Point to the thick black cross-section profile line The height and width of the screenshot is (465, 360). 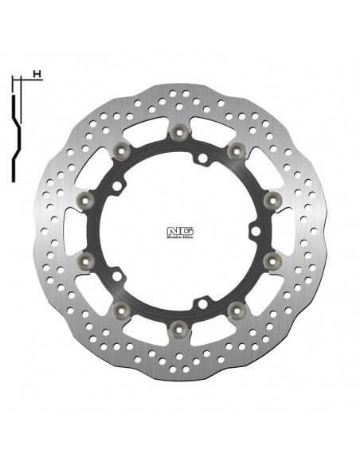pyautogui.click(x=18, y=127)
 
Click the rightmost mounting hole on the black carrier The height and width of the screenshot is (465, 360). pyautogui.click(x=251, y=232)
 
